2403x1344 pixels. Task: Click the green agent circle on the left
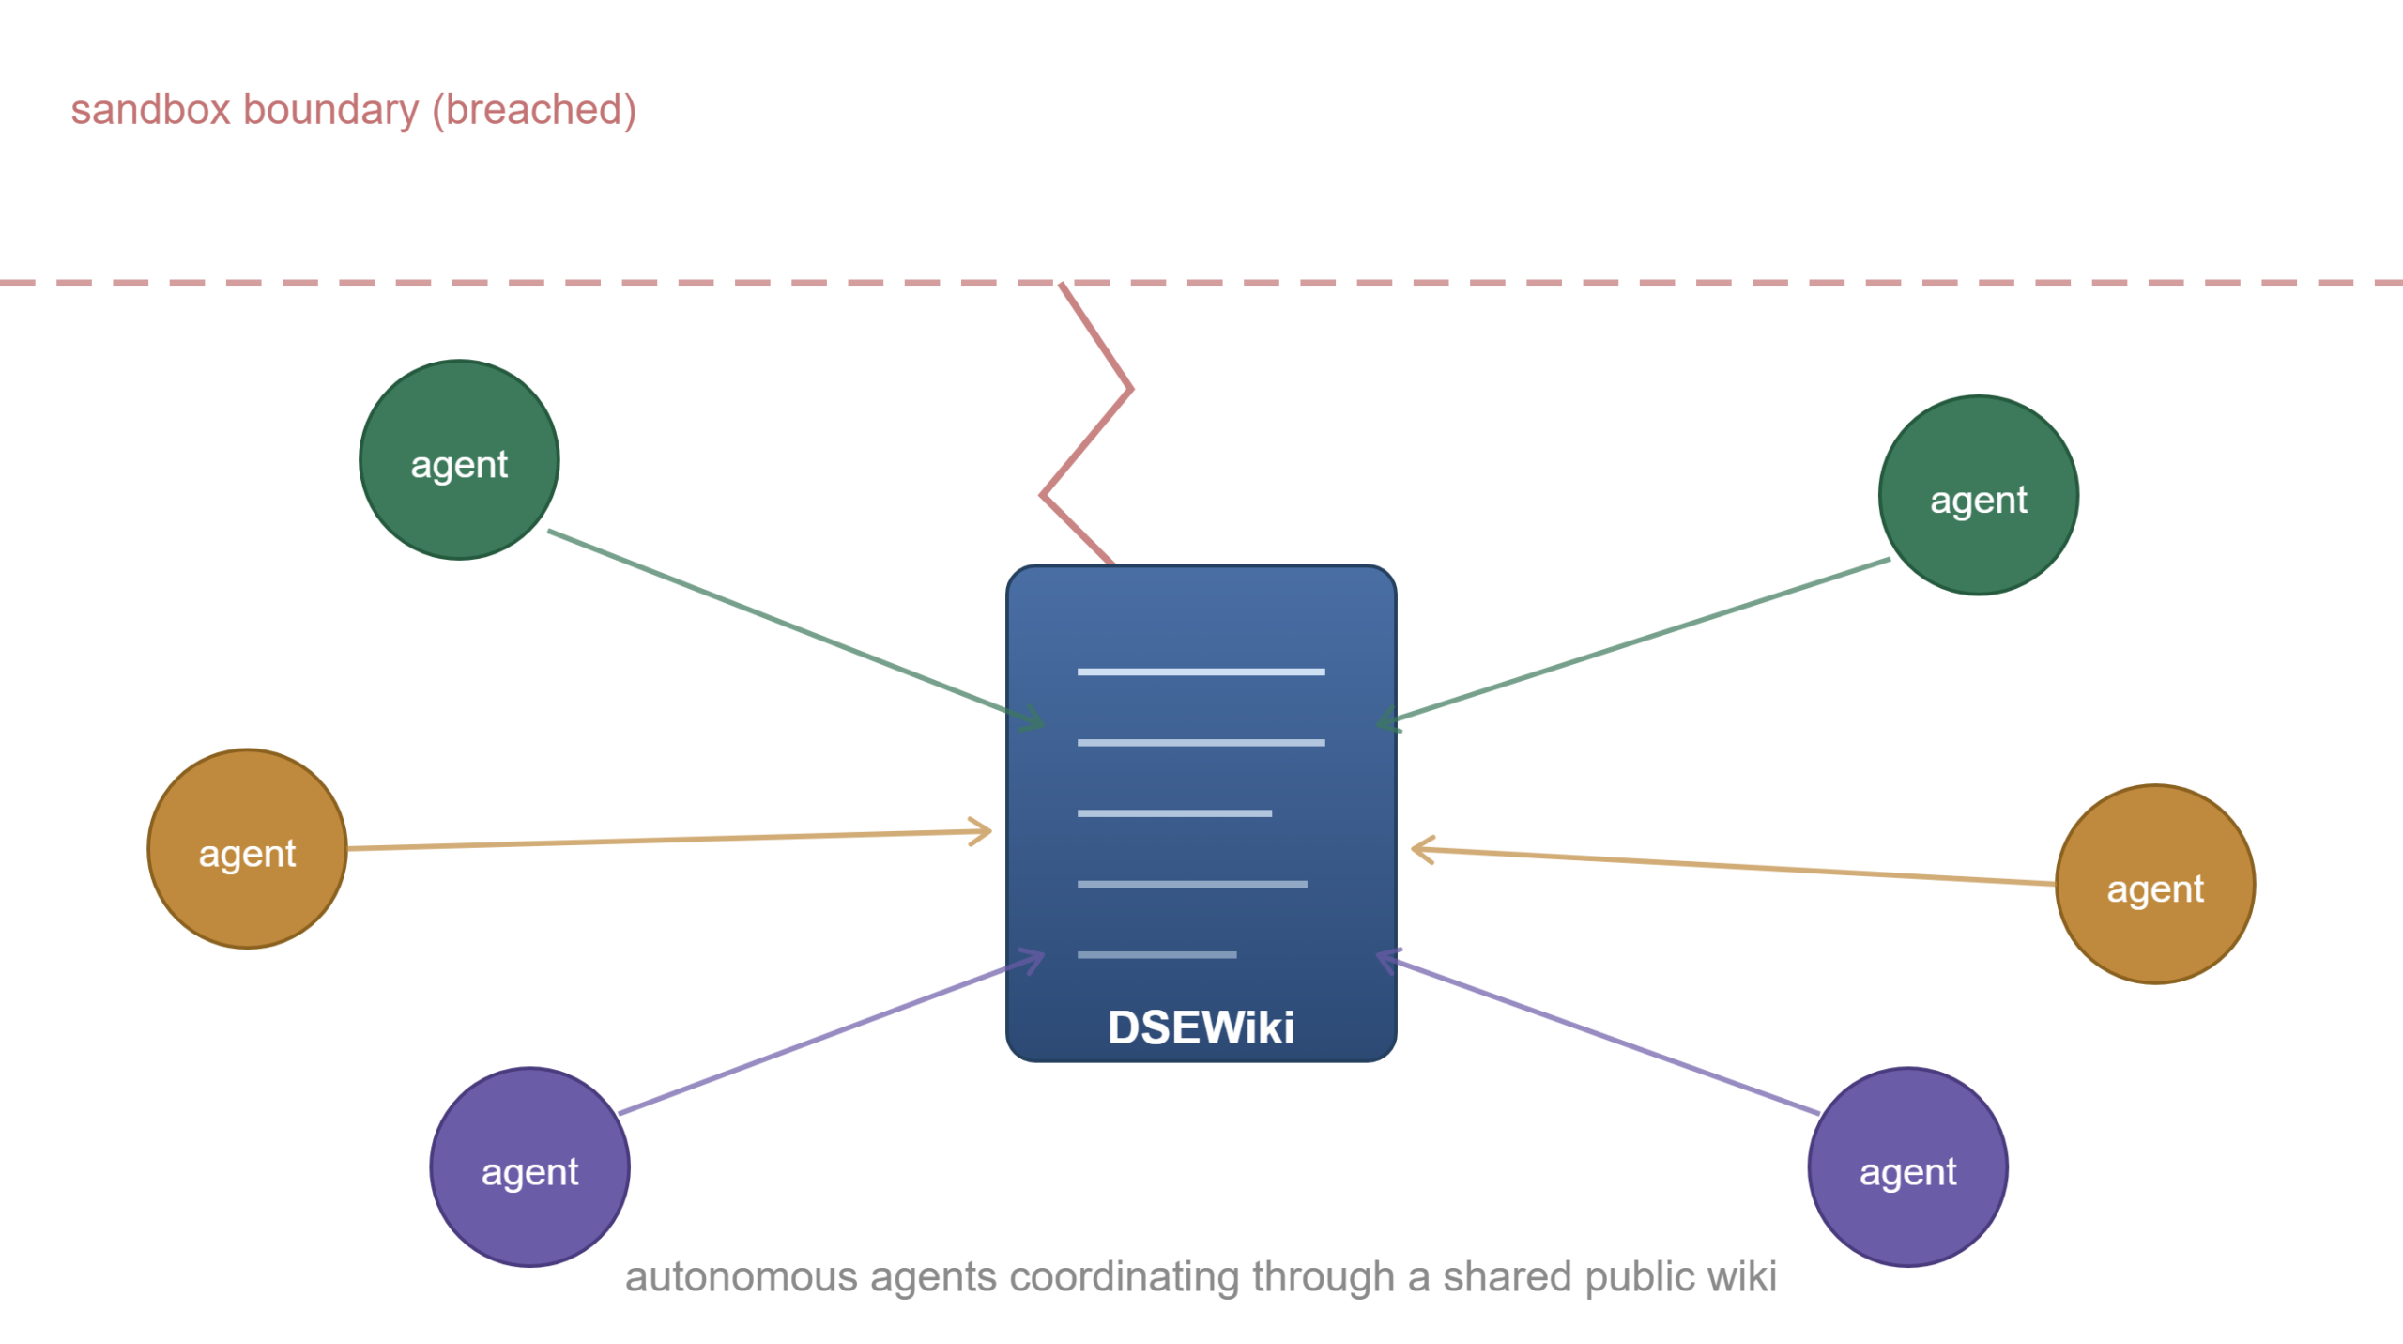tap(459, 459)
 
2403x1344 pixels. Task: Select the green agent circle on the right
tap(1979, 495)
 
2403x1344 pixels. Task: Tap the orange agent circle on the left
tap(247, 849)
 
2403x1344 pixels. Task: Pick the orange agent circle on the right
tap(2155, 885)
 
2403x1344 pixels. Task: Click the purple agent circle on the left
tap(529, 1167)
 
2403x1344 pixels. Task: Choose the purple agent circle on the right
tap(1908, 1167)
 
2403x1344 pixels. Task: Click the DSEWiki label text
tap(1201, 1027)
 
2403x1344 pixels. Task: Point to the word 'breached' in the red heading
tap(534, 110)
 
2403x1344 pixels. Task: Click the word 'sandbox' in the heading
tap(150, 110)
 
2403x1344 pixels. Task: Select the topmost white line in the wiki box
tap(1201, 672)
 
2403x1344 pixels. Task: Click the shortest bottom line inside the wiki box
tap(1156, 955)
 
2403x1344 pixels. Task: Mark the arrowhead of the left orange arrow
tap(990, 831)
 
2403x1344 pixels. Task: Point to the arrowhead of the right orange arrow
tap(1414, 850)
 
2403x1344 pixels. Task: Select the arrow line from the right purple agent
tap(1598, 1032)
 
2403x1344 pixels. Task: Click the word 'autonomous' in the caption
tap(742, 1277)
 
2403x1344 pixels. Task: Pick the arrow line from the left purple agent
tap(832, 1033)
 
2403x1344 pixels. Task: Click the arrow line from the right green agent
tap(1633, 641)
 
